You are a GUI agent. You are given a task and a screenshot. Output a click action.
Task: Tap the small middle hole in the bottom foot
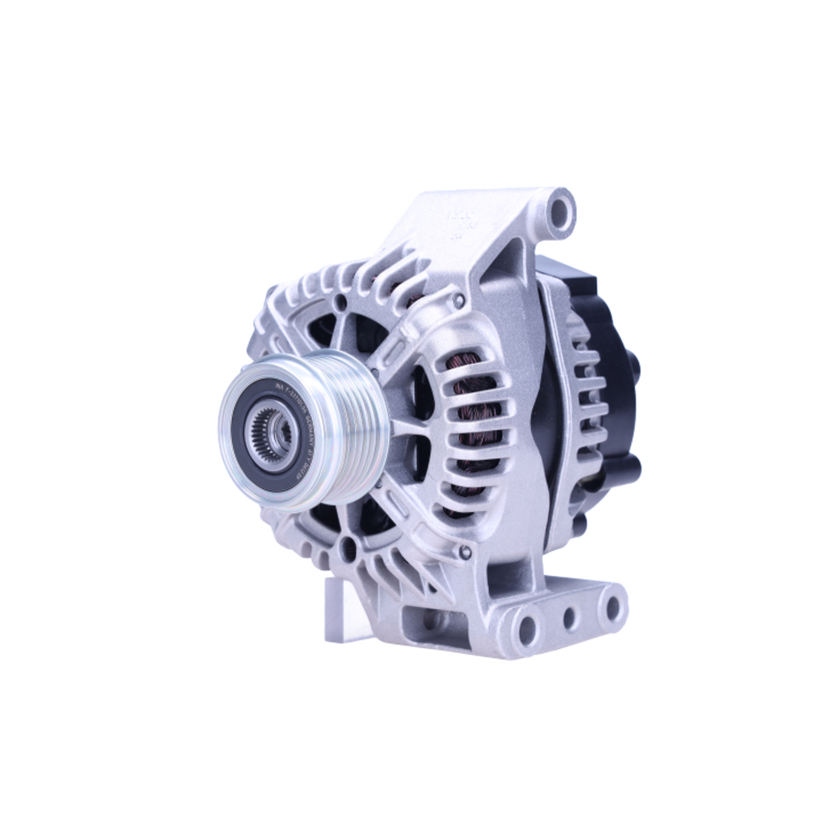point(570,618)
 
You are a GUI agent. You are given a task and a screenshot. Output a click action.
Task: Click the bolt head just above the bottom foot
point(466,552)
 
